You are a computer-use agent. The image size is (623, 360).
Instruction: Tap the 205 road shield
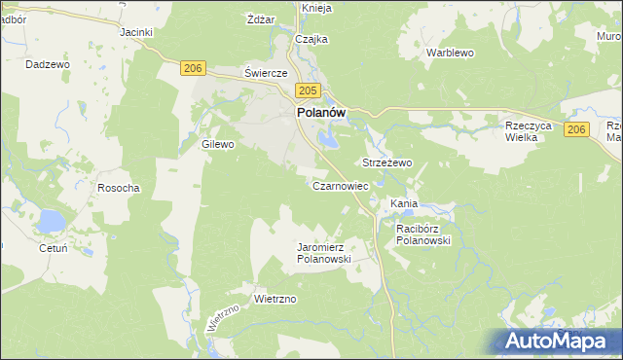coord(306,90)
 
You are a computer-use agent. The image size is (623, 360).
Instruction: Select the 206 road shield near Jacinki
coord(193,67)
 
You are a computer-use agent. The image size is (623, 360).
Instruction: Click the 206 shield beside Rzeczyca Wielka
coord(576,130)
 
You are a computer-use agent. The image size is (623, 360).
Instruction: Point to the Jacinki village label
coord(136,32)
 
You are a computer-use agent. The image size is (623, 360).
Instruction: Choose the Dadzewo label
coord(49,64)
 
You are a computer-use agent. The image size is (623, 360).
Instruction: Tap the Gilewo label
coord(218,144)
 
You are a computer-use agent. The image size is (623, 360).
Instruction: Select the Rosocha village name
coord(119,187)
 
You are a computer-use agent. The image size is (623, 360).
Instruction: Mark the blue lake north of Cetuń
coord(50,222)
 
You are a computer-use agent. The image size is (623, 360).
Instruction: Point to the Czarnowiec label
coord(339,185)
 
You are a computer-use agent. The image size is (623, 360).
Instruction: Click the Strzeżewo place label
coord(387,162)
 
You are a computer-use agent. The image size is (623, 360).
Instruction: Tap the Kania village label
coord(403,203)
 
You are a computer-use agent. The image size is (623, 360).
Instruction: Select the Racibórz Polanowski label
coord(422,234)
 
